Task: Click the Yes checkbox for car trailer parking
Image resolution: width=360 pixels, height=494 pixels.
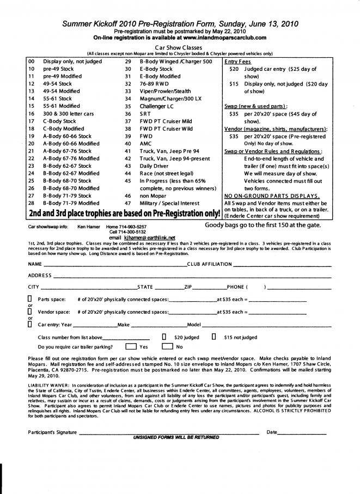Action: click(131, 346)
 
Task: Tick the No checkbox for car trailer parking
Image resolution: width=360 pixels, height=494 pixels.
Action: click(167, 346)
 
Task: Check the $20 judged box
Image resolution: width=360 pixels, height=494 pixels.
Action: click(164, 337)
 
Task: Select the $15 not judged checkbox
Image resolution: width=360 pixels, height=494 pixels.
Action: click(214, 337)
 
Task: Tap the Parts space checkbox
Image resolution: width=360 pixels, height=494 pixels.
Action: click(29, 299)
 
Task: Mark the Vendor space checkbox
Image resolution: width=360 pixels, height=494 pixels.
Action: click(29, 312)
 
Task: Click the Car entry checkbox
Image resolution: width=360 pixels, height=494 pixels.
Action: click(29, 324)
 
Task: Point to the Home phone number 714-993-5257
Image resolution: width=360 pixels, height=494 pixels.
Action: click(134, 226)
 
